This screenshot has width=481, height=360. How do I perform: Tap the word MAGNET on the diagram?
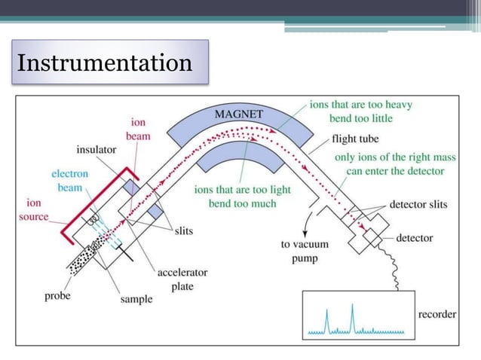[239, 114]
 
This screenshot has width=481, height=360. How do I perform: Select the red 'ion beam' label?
[138, 130]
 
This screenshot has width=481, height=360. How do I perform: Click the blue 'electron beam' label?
[69, 180]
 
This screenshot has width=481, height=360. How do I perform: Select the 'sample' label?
[136, 299]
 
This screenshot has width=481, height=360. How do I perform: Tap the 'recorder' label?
[437, 315]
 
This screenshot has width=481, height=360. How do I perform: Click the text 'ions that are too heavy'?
[360, 105]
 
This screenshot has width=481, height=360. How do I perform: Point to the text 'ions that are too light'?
[241, 190]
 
